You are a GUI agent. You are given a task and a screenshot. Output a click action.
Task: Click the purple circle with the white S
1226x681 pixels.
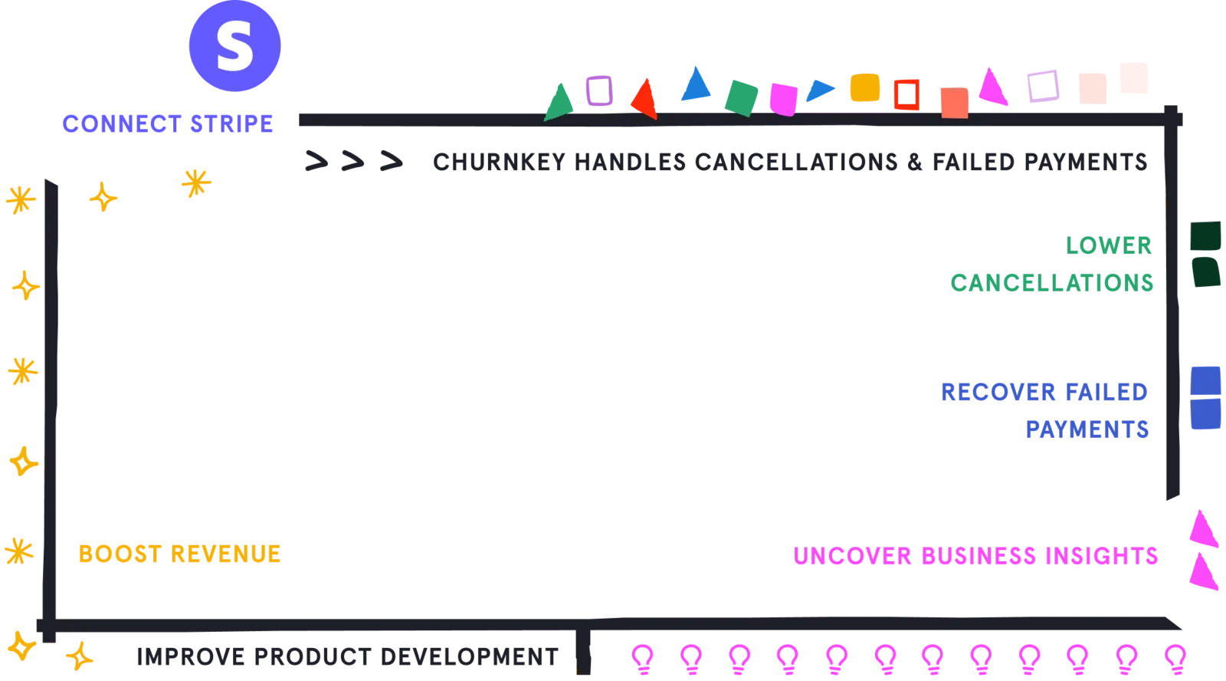234,45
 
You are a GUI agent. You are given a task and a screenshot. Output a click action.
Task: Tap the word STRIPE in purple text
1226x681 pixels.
231,123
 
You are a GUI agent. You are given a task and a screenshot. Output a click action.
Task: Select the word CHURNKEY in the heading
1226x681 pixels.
499,162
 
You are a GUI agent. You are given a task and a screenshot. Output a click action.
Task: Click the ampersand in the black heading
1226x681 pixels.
915,162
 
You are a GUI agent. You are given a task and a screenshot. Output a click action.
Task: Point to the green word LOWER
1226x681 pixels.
1108,245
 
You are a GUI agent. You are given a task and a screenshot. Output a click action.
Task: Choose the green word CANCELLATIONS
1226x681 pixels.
1051,283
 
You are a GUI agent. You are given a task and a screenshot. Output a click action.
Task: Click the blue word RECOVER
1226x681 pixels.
998,393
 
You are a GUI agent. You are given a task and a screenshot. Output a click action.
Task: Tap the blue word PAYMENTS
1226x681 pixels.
1087,429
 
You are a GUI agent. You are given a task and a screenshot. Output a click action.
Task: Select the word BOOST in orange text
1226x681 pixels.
120,554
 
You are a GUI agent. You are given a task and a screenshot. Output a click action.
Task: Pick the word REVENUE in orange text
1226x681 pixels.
225,554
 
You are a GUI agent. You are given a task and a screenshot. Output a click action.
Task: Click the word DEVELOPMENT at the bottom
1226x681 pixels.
469,657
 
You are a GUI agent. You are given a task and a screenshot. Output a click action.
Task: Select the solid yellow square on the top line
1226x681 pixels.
865,87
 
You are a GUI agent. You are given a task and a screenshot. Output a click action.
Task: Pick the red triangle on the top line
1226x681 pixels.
644,100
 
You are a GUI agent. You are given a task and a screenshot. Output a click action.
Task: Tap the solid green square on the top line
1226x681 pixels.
741,99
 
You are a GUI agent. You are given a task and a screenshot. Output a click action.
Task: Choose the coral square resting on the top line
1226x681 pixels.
955,103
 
